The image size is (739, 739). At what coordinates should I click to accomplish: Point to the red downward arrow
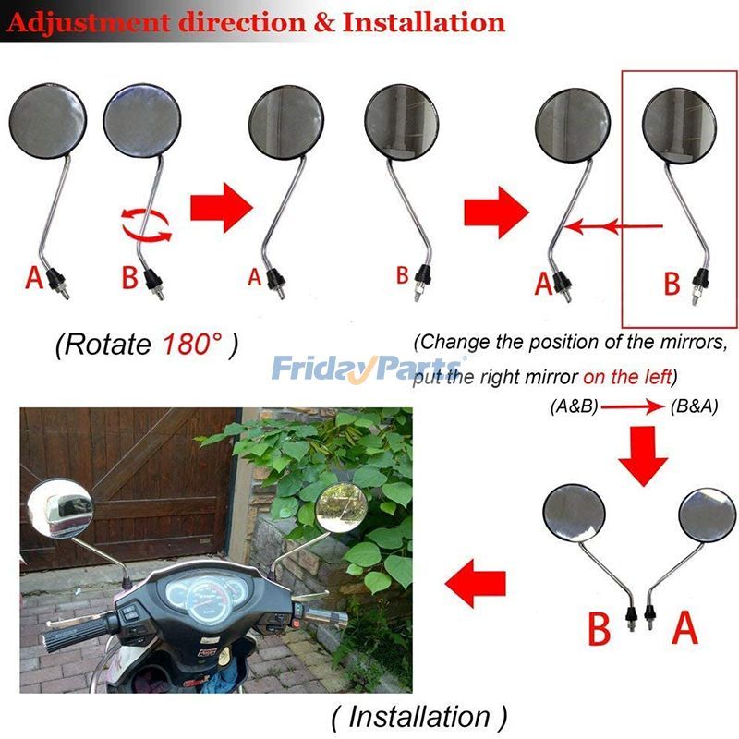[x=641, y=454]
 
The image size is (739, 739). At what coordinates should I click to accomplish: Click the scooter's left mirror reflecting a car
[x=61, y=508]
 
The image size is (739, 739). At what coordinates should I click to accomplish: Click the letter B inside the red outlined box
[x=672, y=282]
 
